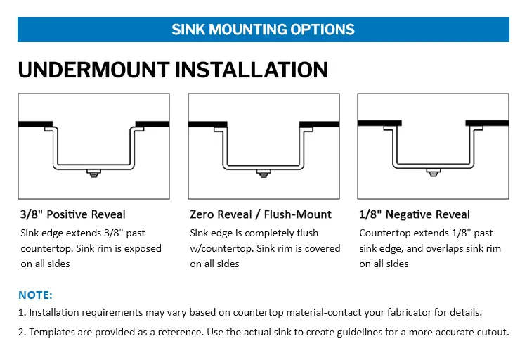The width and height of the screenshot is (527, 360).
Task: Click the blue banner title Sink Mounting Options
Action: pos(263,30)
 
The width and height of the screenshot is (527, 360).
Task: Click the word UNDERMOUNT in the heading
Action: pos(93,70)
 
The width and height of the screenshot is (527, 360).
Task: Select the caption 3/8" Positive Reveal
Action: pos(73,214)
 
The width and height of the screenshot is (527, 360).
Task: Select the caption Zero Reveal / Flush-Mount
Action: pos(261,214)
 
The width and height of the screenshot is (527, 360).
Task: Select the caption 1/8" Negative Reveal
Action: pos(415,214)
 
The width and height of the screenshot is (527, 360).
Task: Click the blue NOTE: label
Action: pos(35,295)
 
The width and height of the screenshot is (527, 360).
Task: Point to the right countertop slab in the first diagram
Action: pos(152,124)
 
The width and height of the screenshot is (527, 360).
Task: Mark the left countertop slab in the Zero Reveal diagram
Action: pos(207,124)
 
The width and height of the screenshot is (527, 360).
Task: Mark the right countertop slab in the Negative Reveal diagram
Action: pos(489,122)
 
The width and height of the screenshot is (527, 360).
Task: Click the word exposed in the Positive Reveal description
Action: pos(140,248)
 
